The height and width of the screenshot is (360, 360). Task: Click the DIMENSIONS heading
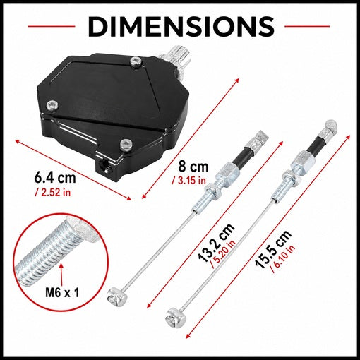[181, 26]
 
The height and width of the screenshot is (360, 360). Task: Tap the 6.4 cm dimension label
[55, 178]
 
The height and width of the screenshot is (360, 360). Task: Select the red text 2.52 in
[52, 193]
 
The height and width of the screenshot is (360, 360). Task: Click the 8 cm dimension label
[193, 167]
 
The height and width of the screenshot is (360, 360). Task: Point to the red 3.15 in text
[189, 181]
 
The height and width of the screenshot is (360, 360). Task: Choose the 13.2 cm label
[217, 243]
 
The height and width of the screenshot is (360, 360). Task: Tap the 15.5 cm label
[273, 249]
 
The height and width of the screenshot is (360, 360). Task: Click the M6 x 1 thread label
[62, 293]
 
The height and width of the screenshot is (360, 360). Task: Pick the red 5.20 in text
[224, 254]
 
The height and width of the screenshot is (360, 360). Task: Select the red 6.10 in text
[283, 258]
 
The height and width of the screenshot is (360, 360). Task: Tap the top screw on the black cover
[137, 62]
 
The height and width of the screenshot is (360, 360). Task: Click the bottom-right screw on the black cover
[126, 144]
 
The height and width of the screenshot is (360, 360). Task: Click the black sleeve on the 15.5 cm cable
[316, 143]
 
